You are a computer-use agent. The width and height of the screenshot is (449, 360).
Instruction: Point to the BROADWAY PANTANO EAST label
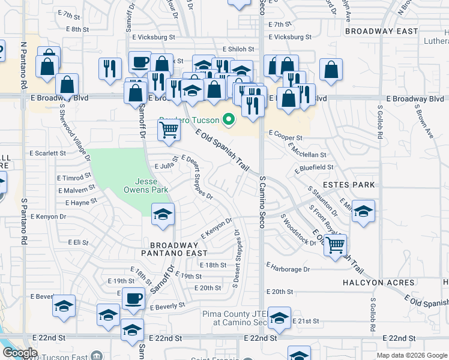pos(174,250)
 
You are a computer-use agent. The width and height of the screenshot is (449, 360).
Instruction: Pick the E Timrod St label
pos(74,178)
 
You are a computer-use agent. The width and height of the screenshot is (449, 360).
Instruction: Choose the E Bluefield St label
pos(314,167)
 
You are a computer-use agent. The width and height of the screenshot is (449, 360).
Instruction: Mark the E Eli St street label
pos(78,242)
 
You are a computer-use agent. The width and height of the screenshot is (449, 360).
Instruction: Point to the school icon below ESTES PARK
pos(363,211)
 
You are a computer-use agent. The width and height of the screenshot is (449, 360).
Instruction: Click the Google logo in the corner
pos(20,353)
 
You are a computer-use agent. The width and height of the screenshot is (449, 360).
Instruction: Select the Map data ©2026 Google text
pos(411,355)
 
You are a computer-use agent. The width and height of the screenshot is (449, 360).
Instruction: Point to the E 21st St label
pos(306,322)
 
